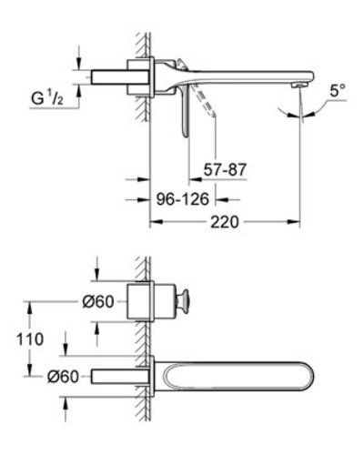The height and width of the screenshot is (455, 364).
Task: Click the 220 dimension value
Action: (225, 222)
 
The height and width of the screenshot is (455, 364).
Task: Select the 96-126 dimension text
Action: (183, 199)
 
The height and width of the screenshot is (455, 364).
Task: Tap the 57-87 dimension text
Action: (225, 169)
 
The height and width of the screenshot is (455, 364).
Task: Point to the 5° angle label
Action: (338, 90)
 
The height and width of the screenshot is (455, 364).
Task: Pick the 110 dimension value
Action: (30, 339)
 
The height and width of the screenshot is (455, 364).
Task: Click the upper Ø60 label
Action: (98, 302)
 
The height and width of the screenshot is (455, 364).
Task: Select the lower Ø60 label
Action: (63, 377)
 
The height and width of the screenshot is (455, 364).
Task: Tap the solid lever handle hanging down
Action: (186, 112)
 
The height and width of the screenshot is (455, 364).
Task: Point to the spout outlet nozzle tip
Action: (298, 86)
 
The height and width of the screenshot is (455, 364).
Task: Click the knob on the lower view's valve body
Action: (184, 302)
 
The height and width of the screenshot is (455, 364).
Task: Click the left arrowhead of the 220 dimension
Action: (157, 222)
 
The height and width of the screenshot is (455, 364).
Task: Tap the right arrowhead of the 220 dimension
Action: (294, 222)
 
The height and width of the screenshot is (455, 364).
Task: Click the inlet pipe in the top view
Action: (120, 77)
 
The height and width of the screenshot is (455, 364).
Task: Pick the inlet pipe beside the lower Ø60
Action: (120, 377)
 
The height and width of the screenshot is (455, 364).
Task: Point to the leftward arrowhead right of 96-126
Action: (222, 199)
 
